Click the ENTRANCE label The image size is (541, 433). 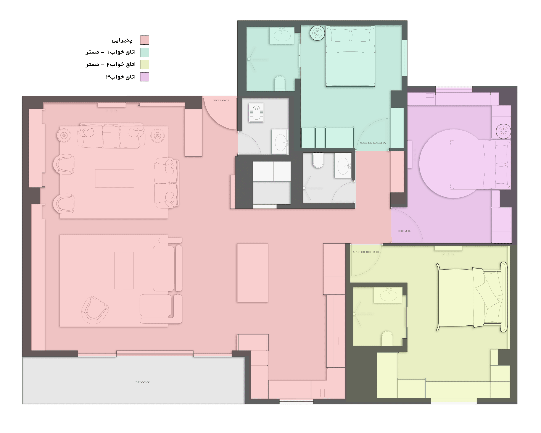point(221,100)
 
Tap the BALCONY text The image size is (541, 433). point(142,382)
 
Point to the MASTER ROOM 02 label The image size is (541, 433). point(373,143)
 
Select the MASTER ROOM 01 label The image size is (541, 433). point(366,252)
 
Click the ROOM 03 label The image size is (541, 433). point(404,231)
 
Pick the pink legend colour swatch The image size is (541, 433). point(145,40)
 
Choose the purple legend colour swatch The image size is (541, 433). point(145,77)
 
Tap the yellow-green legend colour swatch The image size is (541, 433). point(145,64)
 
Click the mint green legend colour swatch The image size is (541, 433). point(145,52)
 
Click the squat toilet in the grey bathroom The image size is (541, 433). point(256,112)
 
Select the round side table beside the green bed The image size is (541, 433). point(317,33)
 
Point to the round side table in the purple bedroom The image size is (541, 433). point(503,131)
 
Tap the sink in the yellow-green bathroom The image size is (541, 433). point(388,295)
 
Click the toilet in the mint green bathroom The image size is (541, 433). point(280,83)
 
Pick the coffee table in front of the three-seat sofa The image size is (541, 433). point(114,178)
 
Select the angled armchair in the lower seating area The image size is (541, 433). point(95,310)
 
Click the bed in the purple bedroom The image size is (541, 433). point(480,164)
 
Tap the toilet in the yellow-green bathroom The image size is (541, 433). point(387,338)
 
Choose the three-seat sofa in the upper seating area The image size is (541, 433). point(111,136)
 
